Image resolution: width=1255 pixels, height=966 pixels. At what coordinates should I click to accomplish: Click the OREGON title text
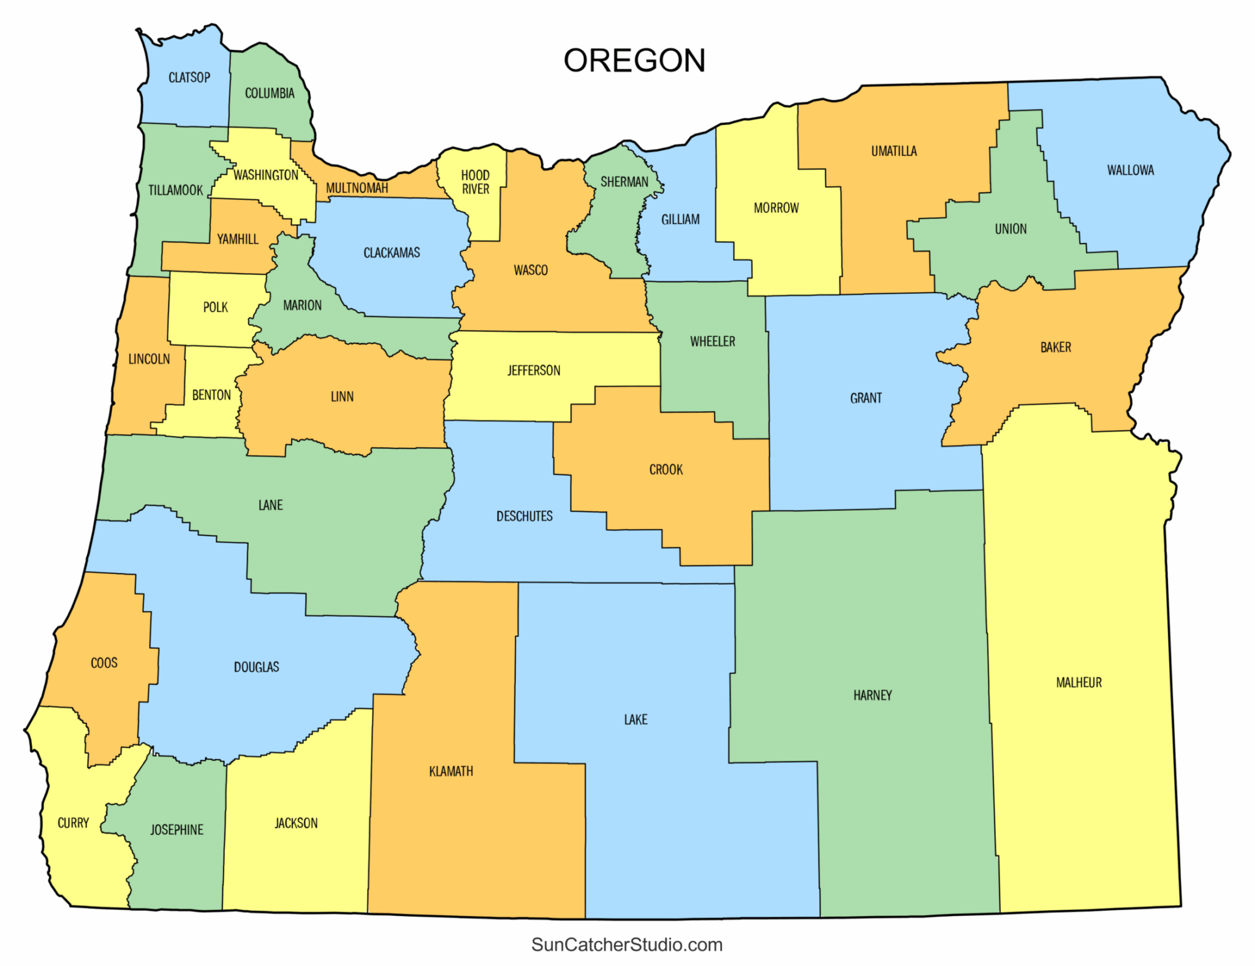pos(634,61)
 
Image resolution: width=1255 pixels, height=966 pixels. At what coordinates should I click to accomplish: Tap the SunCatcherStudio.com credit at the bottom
pos(627,945)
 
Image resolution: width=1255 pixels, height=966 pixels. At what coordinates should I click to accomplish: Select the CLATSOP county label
pos(189,78)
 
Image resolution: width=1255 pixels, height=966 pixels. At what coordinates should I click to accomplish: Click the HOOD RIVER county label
pos(475,182)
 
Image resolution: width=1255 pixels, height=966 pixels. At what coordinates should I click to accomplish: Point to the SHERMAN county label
pos(624,182)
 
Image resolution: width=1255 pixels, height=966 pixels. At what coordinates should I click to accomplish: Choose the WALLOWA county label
pos(1130,171)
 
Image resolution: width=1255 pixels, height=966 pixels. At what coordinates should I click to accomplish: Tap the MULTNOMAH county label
pos(357,188)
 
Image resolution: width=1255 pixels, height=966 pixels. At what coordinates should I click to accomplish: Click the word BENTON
pos(211,395)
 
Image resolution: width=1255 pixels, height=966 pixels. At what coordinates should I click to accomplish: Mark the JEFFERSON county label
pos(533,370)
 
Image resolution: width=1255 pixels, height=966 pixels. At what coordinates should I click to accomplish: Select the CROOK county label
pos(665,470)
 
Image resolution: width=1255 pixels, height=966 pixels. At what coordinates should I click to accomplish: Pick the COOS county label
pos(104,663)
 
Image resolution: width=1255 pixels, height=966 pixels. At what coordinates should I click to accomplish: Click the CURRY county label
pos(73,823)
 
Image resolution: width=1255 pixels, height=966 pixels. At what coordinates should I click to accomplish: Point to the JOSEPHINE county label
pos(176,830)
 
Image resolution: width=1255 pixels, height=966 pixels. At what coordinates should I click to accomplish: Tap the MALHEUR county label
pos(1079,683)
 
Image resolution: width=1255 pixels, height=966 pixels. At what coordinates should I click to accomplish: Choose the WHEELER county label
pos(712,342)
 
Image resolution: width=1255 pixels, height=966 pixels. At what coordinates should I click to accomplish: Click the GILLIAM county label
pos(680,220)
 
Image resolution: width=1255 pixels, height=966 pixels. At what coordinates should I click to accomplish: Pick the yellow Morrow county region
pos(775,245)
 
